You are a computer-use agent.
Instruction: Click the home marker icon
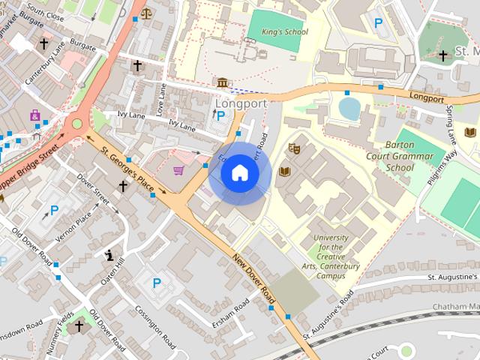239,173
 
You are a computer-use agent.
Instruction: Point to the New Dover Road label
253,278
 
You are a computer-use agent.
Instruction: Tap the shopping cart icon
178,170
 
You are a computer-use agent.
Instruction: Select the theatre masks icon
295,149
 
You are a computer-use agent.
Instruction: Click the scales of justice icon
145,13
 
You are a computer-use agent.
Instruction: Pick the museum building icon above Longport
223,82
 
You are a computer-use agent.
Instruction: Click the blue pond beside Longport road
349,109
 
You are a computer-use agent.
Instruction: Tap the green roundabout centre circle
76,124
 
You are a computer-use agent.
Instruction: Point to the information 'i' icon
111,255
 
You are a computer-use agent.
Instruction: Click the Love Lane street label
161,100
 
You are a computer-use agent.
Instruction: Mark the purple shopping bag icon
34,115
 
